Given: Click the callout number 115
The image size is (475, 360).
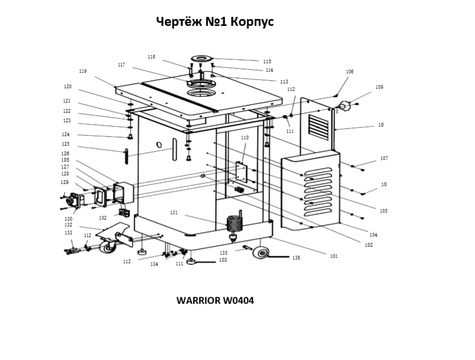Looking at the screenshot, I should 267,62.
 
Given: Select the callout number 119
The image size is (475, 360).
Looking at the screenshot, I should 83,71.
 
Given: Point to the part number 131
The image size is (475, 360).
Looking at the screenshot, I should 174,213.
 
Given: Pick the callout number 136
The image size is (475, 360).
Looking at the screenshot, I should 296,258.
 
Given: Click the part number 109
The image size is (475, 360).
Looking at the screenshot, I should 379,87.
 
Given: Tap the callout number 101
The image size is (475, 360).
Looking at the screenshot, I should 334,256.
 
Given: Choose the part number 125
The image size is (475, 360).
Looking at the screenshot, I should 65,144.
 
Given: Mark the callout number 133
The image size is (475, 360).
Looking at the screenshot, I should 69,233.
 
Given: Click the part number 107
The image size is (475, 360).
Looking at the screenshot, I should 384,158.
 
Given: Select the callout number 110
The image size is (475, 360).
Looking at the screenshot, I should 245,138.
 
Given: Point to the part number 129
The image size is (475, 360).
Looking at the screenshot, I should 64,182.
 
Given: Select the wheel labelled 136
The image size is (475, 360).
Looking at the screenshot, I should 260,254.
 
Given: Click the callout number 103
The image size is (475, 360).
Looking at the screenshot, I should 223,260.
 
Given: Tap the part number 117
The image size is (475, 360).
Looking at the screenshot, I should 121,65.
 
